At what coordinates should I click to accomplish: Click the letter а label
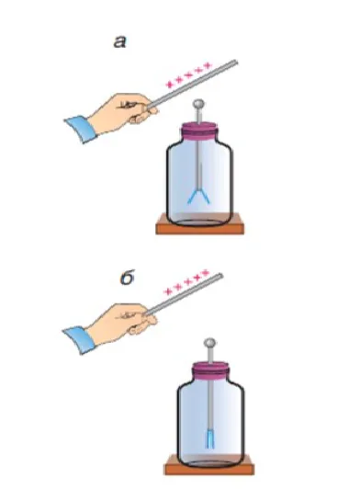[x=120, y=42]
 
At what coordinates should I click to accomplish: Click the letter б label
[x=128, y=278]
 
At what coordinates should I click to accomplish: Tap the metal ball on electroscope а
[x=198, y=104]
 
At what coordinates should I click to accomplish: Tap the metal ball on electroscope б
[x=209, y=343]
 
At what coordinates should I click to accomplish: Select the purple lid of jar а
[x=200, y=131]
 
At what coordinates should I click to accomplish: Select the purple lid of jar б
[x=210, y=370]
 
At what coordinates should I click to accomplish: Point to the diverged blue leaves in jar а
[x=198, y=195]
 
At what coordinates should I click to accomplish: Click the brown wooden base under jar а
[x=200, y=227]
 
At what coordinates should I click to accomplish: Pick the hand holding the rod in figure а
[x=122, y=110]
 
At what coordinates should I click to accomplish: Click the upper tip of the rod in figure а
[x=236, y=62]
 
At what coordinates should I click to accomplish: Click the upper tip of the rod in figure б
[x=220, y=275]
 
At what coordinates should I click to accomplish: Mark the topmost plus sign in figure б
[x=205, y=273]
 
